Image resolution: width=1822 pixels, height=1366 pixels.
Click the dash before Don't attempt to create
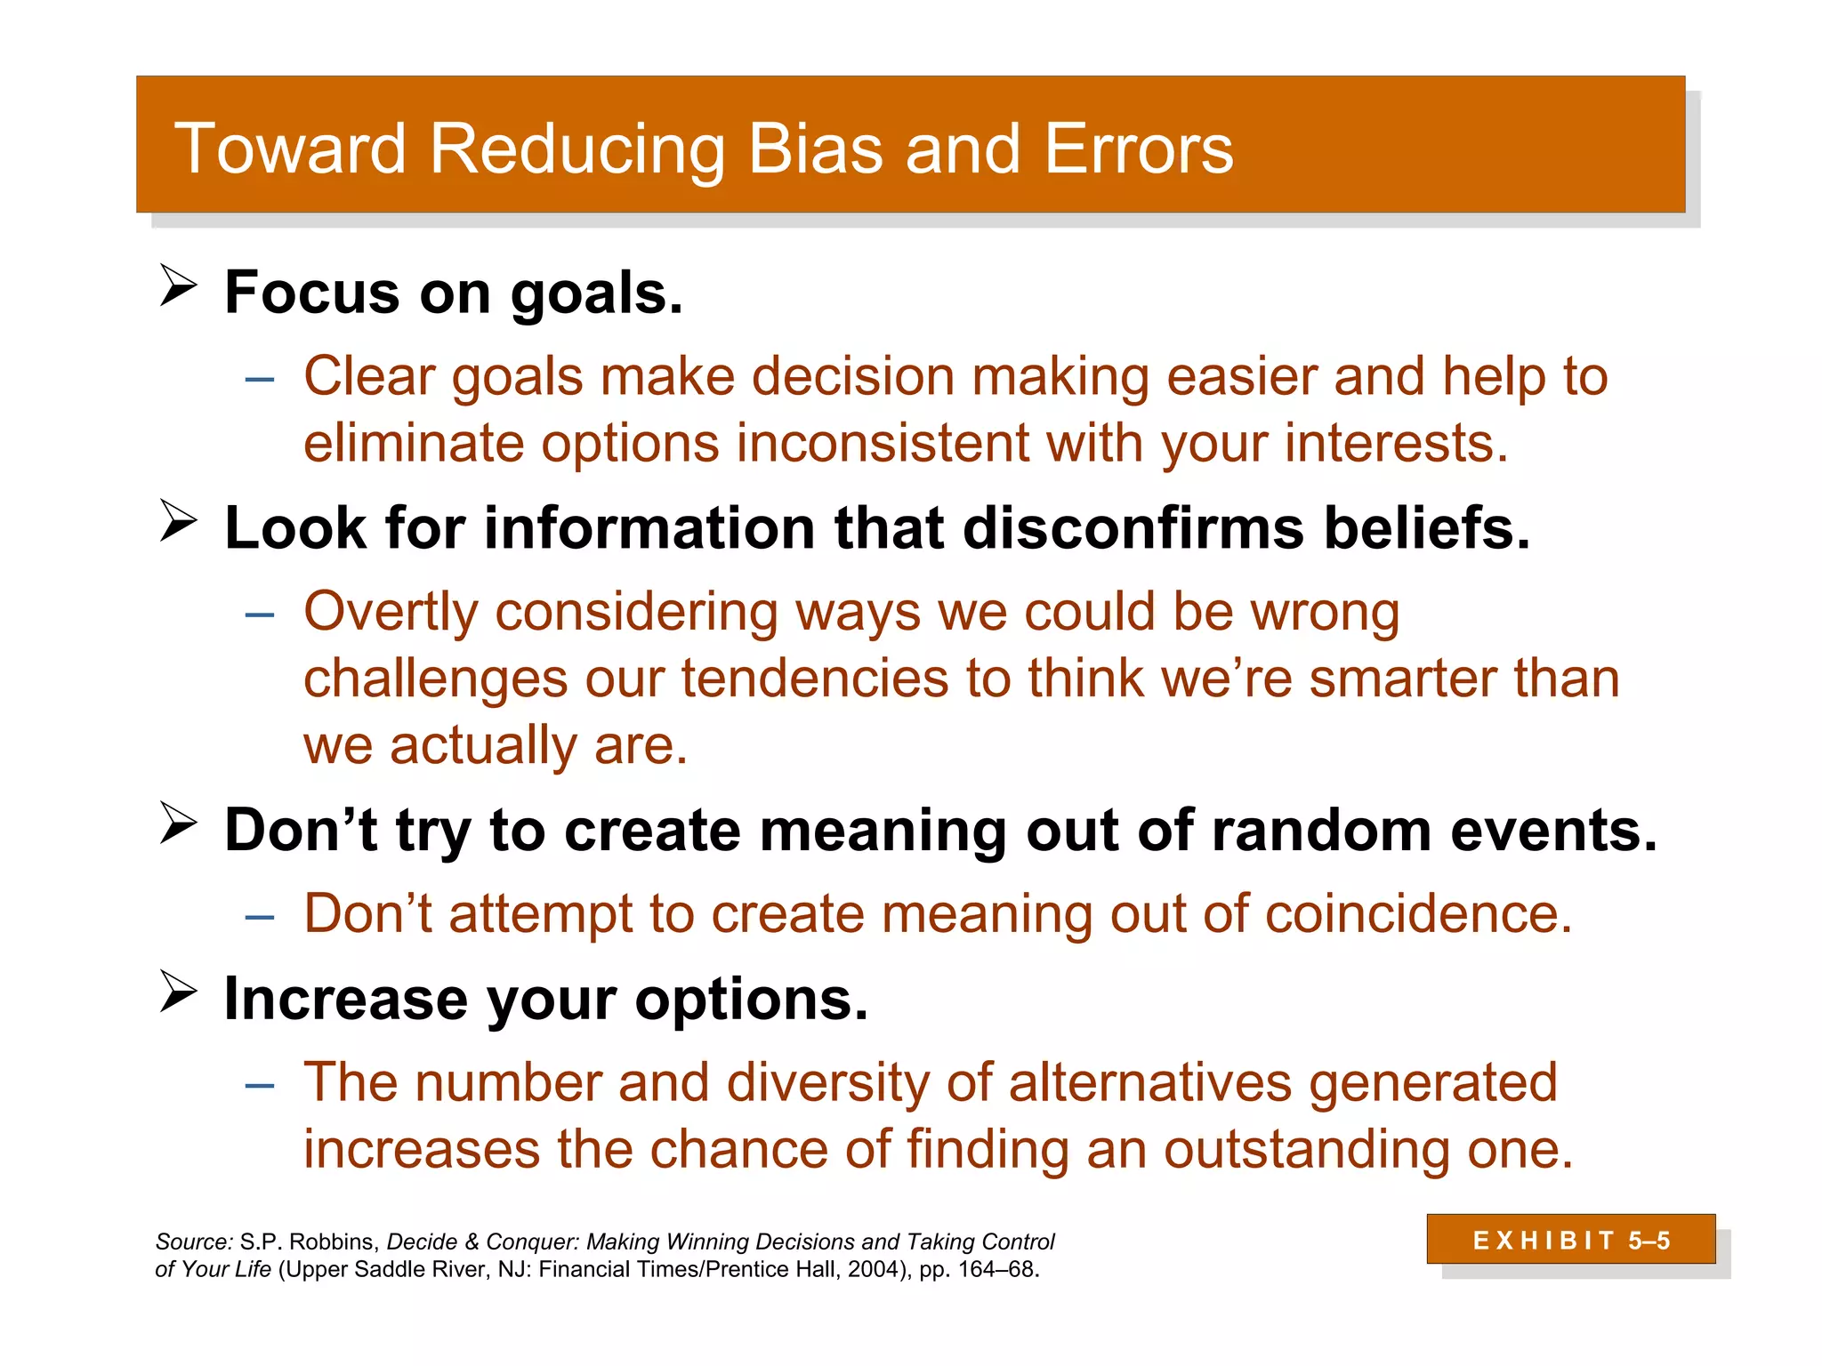[x=259, y=916]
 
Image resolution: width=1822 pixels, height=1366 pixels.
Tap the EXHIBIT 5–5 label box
[x=1570, y=1239]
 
